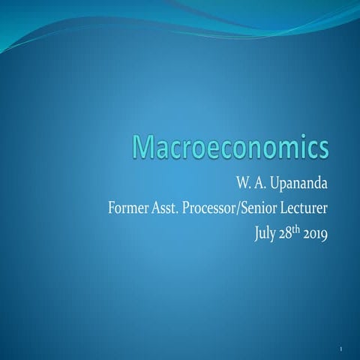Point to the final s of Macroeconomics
point(322,148)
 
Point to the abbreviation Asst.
point(168,206)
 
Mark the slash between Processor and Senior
point(254,206)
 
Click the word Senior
point(275,206)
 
